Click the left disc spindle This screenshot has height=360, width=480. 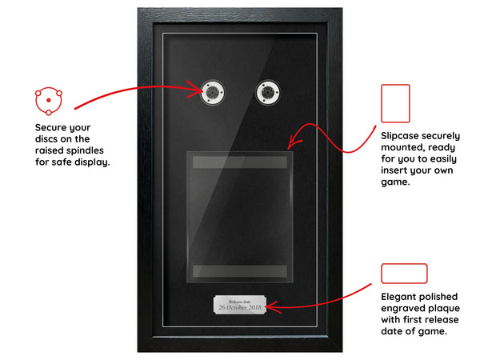coord(212,92)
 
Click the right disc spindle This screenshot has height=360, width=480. coord(267,92)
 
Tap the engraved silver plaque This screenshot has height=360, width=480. coord(240,305)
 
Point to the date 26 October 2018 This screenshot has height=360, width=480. coord(240,307)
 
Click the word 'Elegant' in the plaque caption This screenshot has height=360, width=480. coord(398,297)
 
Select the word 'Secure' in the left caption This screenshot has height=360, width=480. coord(50,127)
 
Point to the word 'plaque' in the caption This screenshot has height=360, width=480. coord(444,309)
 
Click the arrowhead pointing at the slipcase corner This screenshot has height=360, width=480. coord(293,142)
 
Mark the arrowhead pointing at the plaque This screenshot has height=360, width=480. coord(273,307)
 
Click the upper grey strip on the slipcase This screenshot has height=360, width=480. coord(240,162)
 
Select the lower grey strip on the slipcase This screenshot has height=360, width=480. coord(240,271)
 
